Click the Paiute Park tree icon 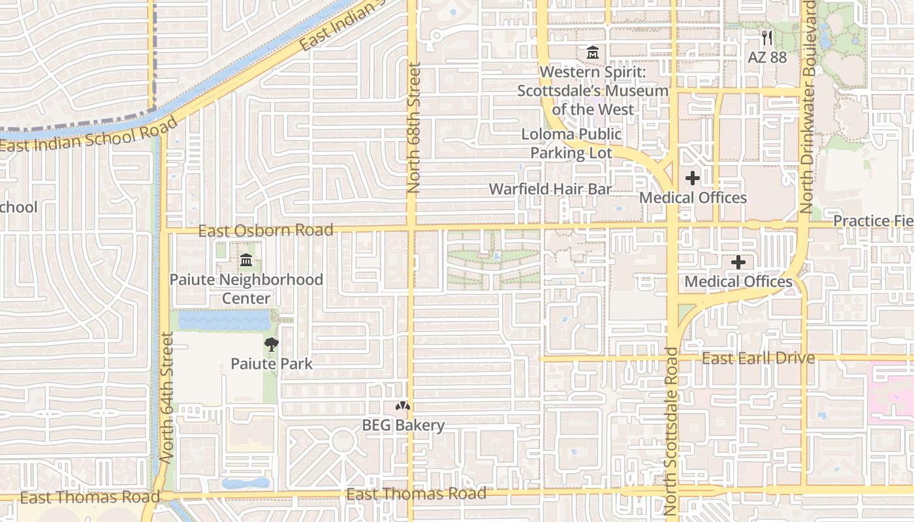point(271,345)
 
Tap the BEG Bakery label point(403,425)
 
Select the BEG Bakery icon point(403,406)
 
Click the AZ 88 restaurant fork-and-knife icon point(767,38)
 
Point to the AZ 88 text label point(767,57)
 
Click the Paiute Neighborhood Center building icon point(246,261)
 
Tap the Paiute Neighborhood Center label point(246,289)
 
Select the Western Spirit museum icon point(593,52)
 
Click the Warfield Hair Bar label point(550,189)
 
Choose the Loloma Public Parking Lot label point(571,144)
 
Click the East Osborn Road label point(266,230)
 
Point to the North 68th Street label point(414,128)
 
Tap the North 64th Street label point(166,398)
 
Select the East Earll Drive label point(758,358)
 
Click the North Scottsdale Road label point(672,431)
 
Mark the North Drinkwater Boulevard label point(808,108)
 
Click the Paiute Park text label point(272,363)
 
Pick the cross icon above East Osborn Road point(692,177)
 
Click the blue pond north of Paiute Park point(224,320)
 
